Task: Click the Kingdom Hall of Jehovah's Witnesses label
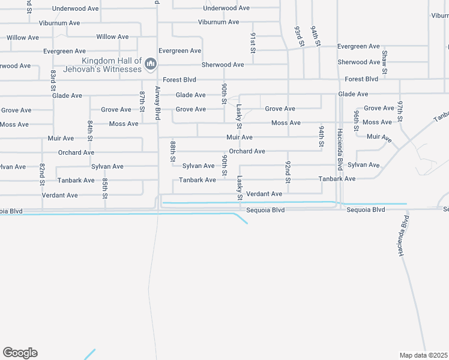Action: [x=112, y=65]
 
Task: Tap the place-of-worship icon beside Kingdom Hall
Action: [x=150, y=62]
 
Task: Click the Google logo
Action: [x=20, y=353]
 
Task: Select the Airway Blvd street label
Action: [x=158, y=103]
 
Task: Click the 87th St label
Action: [x=142, y=101]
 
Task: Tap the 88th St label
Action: [x=172, y=152]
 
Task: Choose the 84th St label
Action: [x=89, y=130]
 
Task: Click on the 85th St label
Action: [x=104, y=188]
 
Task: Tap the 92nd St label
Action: [x=288, y=172]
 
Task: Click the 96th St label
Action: [x=356, y=120]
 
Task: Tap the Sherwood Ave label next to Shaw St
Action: [x=359, y=62]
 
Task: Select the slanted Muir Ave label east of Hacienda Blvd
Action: [x=379, y=137]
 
